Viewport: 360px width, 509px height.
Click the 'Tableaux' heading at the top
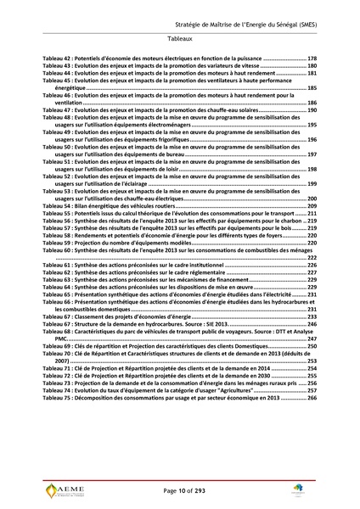click(179, 39)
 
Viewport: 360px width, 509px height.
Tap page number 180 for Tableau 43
click(312, 65)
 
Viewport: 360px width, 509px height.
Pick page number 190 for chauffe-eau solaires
click(312, 110)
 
